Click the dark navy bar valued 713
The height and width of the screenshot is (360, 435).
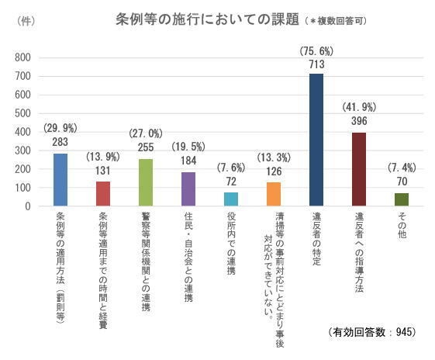pyautogui.click(x=316, y=140)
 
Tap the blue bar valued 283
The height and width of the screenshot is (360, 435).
pyautogui.click(x=61, y=180)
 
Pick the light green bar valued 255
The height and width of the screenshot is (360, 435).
pyautogui.click(x=147, y=182)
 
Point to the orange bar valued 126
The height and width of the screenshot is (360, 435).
pyautogui.click(x=274, y=195)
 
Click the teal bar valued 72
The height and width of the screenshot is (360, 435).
pyautogui.click(x=231, y=199)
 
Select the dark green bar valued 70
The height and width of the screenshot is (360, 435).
pyautogui.click(x=402, y=199)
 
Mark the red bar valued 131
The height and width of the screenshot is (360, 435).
pyautogui.click(x=104, y=194)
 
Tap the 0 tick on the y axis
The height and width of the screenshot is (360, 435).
pyautogui.click(x=27, y=206)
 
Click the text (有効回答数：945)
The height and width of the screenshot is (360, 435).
pyautogui.click(x=373, y=331)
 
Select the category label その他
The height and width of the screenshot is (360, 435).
pyautogui.click(x=402, y=225)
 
